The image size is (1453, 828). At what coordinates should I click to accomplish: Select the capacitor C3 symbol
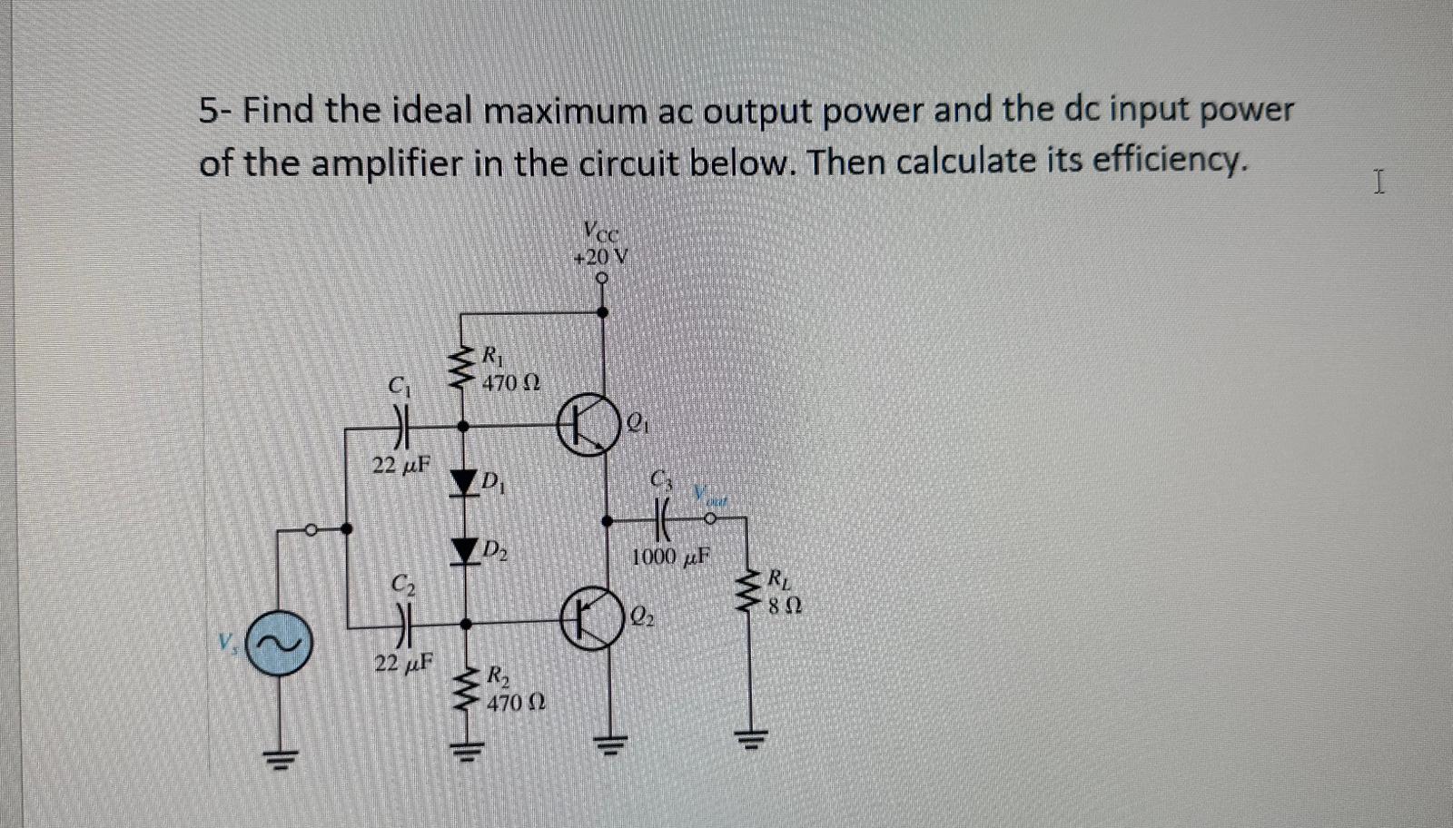663,520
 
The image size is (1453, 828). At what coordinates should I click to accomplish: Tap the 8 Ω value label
784,606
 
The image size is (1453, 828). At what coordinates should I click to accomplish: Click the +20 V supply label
601,257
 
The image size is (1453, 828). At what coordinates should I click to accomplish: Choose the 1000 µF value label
669,557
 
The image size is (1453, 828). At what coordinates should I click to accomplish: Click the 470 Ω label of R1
511,383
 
